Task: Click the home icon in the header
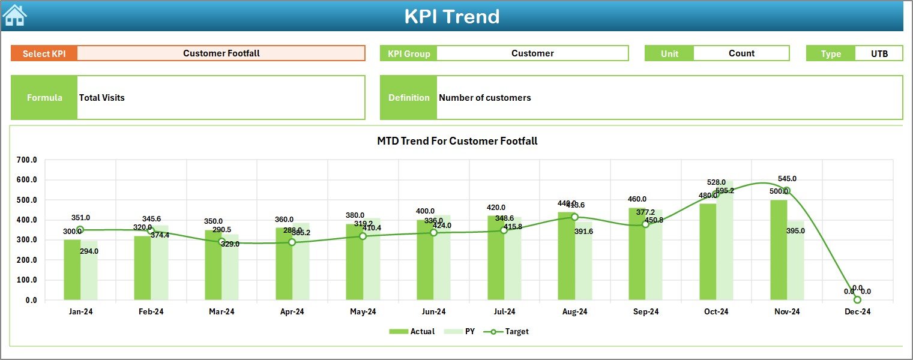(x=14, y=16)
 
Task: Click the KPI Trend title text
(x=451, y=16)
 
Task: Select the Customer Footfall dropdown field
(x=221, y=53)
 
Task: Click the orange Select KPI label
(x=44, y=53)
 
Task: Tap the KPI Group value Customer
(x=532, y=53)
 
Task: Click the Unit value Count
(x=741, y=53)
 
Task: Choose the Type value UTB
(x=879, y=53)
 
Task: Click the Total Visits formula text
(x=102, y=98)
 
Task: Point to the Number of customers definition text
(x=484, y=98)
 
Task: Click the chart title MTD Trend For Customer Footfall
(x=457, y=141)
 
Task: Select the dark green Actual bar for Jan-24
(x=72, y=270)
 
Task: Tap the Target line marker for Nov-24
(x=787, y=191)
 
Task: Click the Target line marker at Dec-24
(x=857, y=299)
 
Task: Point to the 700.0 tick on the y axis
(x=26, y=160)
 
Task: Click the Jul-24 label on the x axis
(x=504, y=312)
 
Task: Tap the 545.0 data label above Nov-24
(x=787, y=179)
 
